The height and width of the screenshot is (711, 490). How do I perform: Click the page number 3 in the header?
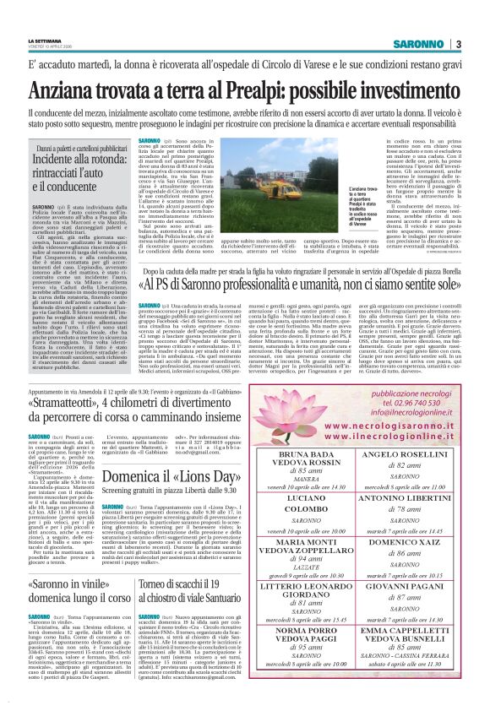[457, 44]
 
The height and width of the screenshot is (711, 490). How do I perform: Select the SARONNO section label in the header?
[418, 44]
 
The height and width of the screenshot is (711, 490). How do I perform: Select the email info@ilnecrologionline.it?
[410, 414]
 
